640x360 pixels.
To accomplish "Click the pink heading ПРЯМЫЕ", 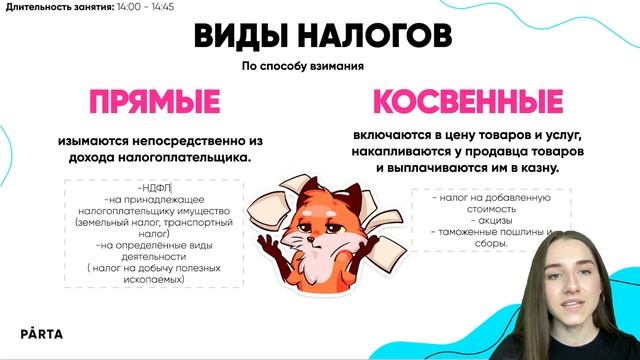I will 154,103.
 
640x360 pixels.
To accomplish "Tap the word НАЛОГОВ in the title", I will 375,37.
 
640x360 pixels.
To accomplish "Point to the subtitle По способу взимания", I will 303,67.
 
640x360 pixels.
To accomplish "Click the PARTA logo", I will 44,334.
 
